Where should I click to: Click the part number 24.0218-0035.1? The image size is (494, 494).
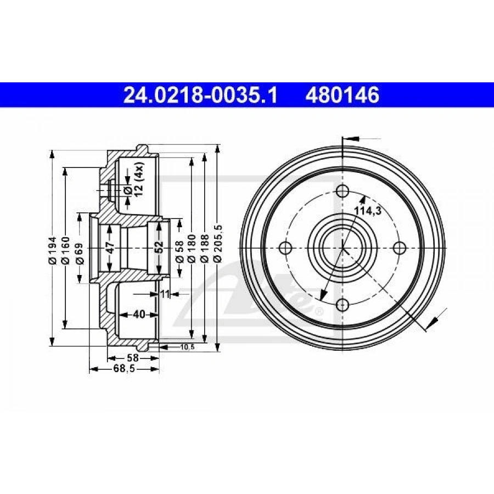[200, 95]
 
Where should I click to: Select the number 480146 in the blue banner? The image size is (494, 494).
[343, 95]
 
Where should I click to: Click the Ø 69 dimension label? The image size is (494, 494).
[79, 253]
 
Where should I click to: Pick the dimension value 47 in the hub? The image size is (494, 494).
[110, 248]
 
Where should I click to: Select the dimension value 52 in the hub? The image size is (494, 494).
[159, 248]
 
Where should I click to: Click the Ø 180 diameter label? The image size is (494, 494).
[192, 248]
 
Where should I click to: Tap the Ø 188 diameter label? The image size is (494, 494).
[205, 248]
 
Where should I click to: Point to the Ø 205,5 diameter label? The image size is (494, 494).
[218, 244]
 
